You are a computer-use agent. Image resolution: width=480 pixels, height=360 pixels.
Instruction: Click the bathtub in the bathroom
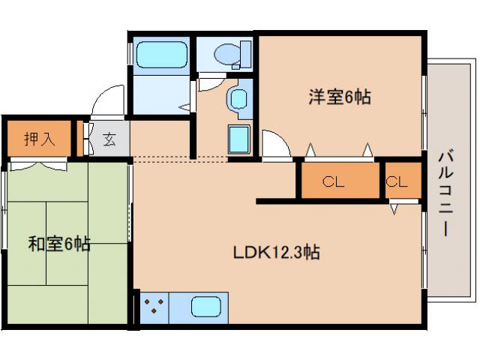161,55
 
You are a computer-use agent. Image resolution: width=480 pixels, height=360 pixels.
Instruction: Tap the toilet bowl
229,55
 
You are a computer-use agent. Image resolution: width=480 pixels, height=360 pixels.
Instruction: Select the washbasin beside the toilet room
238,100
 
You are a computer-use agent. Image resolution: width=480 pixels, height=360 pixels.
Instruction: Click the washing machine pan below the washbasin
239,139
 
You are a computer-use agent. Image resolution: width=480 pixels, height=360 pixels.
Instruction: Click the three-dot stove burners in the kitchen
153,307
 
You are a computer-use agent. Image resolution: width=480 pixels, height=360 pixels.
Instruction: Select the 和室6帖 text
60,244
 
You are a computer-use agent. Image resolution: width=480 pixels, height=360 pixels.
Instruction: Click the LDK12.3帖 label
275,252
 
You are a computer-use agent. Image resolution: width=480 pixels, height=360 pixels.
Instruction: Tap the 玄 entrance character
109,139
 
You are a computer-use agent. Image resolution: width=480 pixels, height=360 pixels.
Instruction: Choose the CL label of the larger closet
334,181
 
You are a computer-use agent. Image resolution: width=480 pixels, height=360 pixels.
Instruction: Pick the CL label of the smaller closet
397,181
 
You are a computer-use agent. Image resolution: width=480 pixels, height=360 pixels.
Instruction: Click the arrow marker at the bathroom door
184,107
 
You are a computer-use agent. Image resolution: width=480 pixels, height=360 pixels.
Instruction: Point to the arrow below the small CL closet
394,208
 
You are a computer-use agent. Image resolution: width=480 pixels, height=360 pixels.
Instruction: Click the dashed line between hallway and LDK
180,159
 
